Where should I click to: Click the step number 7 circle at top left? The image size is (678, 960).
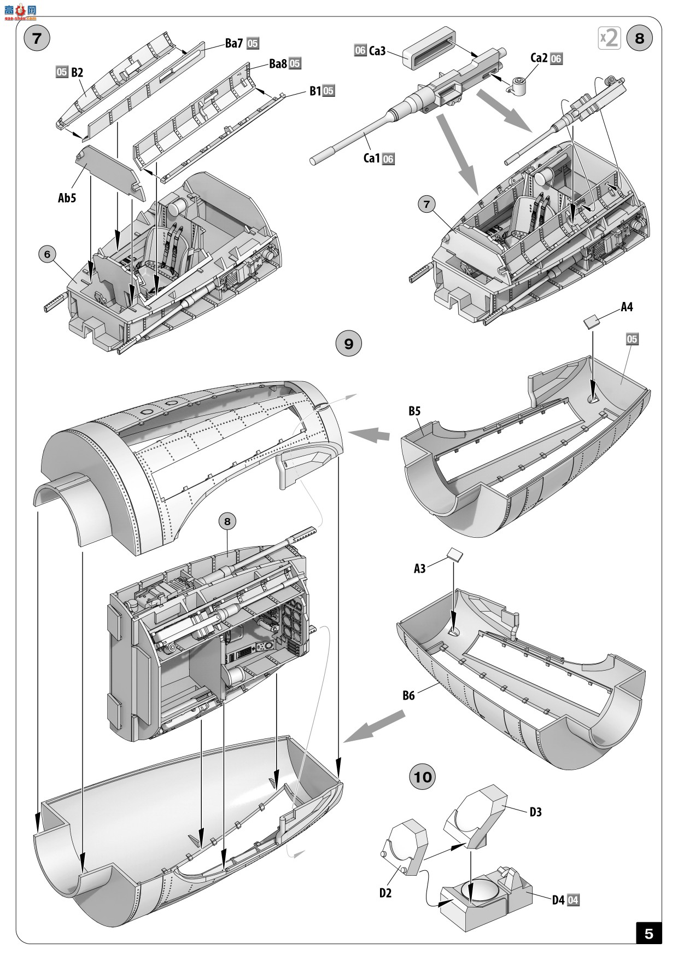(37, 38)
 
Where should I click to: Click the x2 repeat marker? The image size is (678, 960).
(609, 38)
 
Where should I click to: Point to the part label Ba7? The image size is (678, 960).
(233, 44)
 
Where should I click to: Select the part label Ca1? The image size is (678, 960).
(371, 159)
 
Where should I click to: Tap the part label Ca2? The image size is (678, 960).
(539, 58)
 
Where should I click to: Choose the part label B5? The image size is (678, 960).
(414, 411)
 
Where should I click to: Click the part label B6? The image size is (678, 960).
(408, 695)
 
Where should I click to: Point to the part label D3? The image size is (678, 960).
(536, 812)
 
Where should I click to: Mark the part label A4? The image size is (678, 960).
(627, 307)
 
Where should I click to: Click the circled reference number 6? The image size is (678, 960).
(48, 254)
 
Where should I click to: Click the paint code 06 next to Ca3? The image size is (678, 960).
(360, 51)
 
